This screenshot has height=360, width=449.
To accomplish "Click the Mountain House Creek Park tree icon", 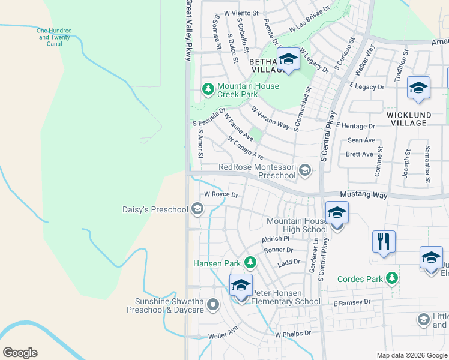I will [x=208, y=89].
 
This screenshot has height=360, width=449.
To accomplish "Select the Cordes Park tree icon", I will [x=392, y=278].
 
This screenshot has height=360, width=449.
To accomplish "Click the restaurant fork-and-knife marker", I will [x=384, y=241].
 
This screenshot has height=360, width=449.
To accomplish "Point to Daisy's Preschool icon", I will [x=196, y=209].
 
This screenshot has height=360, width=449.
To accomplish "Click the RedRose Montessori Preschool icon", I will [x=305, y=170].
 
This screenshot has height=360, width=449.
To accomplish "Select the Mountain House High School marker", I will [x=337, y=212].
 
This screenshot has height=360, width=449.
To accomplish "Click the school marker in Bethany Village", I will [x=288, y=59].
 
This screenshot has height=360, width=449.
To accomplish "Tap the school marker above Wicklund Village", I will [x=418, y=88].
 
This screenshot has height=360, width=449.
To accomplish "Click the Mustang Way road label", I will [x=365, y=195].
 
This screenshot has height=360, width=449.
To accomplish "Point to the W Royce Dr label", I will [x=221, y=194].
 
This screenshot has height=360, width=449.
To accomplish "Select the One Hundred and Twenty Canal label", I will [x=54, y=37].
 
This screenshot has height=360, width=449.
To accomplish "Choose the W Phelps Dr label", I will [x=293, y=333].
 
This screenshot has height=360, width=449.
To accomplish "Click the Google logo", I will [x=20, y=353].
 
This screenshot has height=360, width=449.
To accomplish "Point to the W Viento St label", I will [x=241, y=12].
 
